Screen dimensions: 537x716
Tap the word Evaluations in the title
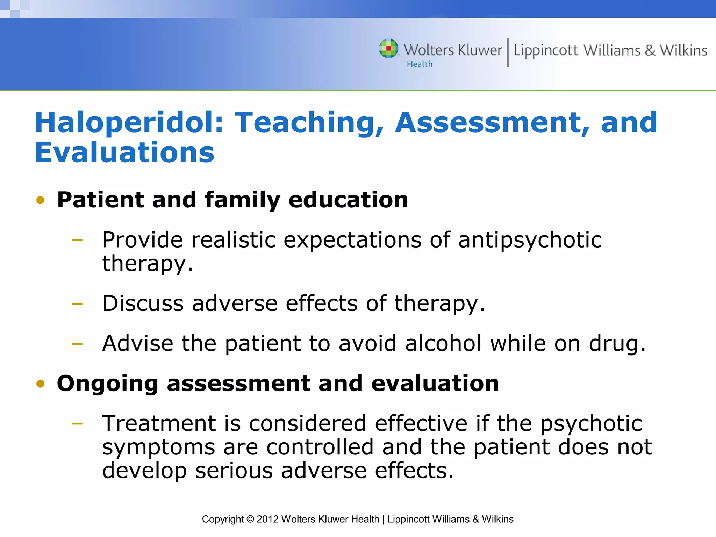[x=124, y=152]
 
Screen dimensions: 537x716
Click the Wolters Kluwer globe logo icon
[x=388, y=48]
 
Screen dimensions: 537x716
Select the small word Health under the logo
[x=420, y=64]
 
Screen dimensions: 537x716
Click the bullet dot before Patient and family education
[x=41, y=200]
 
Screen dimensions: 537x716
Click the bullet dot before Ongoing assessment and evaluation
[x=41, y=384]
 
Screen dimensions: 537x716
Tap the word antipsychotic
[x=530, y=240]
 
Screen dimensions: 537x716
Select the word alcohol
[x=443, y=343]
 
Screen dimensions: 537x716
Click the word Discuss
[x=143, y=303]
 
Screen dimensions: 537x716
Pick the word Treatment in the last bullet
[x=159, y=423]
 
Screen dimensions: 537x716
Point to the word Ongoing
[x=107, y=384]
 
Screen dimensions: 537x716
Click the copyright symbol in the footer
[x=250, y=519]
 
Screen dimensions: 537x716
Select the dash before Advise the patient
[x=77, y=344]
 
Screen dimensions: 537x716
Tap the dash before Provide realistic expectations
[x=77, y=240]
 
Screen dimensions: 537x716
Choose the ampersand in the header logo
[x=650, y=51]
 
